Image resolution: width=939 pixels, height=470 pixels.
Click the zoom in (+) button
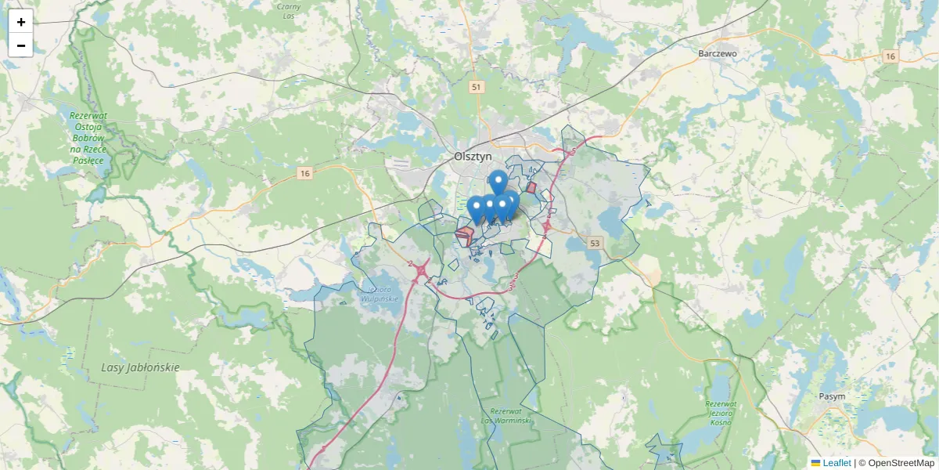point(21,22)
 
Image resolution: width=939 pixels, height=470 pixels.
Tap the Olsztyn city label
point(473,156)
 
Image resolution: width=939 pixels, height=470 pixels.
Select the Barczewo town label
point(718,53)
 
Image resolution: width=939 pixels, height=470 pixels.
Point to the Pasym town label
point(832,396)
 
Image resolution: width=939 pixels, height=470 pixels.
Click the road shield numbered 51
point(476,87)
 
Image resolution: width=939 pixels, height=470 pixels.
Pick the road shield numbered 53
point(595,244)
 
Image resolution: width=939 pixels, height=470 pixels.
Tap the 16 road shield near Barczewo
point(890,56)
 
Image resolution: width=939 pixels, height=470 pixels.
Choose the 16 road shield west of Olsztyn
point(304,173)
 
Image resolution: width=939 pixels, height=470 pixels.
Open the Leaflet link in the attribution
point(836,463)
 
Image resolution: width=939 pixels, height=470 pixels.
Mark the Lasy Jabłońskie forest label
point(141,367)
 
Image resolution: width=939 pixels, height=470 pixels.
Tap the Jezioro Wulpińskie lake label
point(383,293)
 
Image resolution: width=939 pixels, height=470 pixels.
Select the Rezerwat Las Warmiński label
point(510,416)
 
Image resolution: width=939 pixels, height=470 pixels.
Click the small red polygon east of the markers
point(531,188)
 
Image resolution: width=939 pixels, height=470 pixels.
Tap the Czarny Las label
point(290,10)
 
